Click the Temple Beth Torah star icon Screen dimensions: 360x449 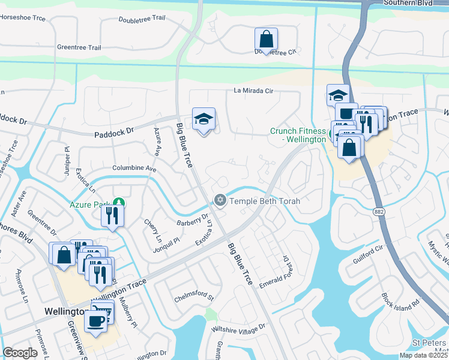pos(220,200)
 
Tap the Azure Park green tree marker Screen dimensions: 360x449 pos(119,202)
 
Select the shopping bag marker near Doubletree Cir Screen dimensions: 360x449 pos(266,40)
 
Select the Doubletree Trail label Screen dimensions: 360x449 pos(142,18)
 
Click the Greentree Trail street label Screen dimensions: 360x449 pos(79,47)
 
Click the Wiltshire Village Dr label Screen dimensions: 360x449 pos(237,328)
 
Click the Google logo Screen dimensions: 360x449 pos(20,353)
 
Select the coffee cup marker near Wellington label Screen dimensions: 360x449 pos(95,322)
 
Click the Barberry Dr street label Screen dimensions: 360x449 pos(192,221)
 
